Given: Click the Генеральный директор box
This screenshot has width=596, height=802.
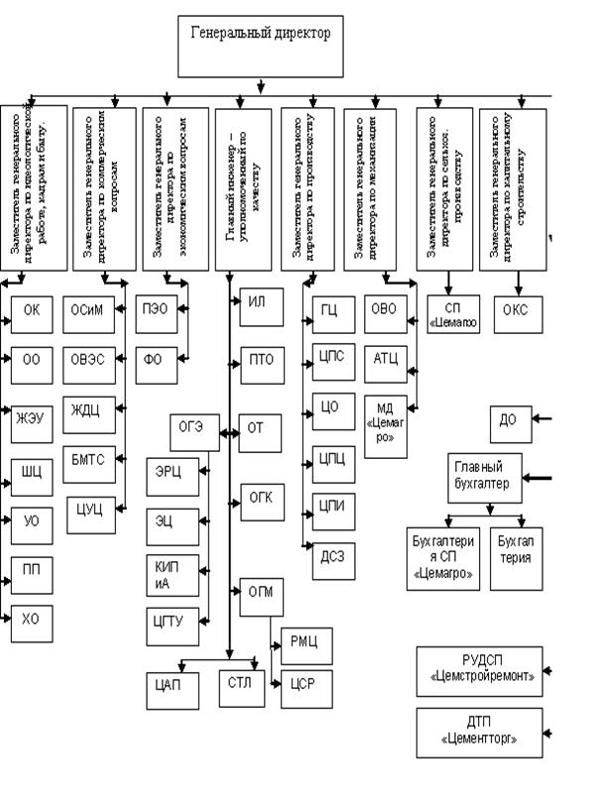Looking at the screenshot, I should coord(260,46).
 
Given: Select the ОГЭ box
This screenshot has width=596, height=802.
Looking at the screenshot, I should coord(191,428).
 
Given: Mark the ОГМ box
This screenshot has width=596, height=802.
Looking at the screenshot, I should coord(259,593).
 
